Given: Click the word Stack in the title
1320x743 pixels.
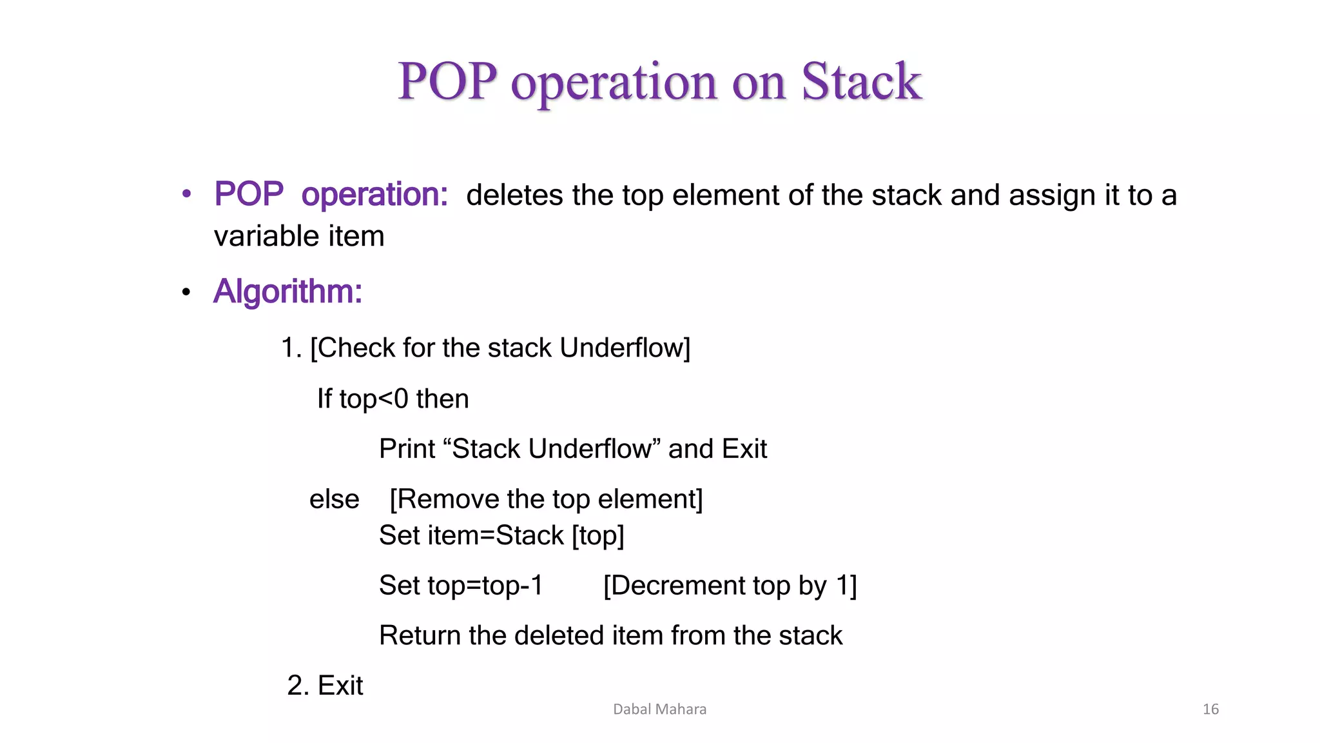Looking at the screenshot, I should (861, 82).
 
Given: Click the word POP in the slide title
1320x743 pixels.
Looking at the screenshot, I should (447, 82).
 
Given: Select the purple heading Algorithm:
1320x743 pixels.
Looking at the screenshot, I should (287, 292).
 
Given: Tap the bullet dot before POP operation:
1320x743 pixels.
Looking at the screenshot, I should (186, 193).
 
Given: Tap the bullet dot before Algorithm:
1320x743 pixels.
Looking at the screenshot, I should (186, 292).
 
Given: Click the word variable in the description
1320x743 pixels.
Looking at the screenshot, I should (266, 236).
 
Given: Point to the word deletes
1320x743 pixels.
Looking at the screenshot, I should (514, 195).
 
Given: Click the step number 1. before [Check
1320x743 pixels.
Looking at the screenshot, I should (291, 348).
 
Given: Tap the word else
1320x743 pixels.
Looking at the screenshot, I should (334, 499).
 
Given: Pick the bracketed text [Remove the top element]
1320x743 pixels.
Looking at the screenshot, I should (546, 499).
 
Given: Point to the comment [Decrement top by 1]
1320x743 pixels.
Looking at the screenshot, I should (730, 586).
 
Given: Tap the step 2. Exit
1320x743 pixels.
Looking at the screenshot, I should (325, 686).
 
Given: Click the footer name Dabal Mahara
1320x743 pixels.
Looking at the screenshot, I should (659, 709).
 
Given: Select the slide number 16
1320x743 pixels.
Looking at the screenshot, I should (1210, 709).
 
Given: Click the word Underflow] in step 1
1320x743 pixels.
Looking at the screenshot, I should (625, 348).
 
